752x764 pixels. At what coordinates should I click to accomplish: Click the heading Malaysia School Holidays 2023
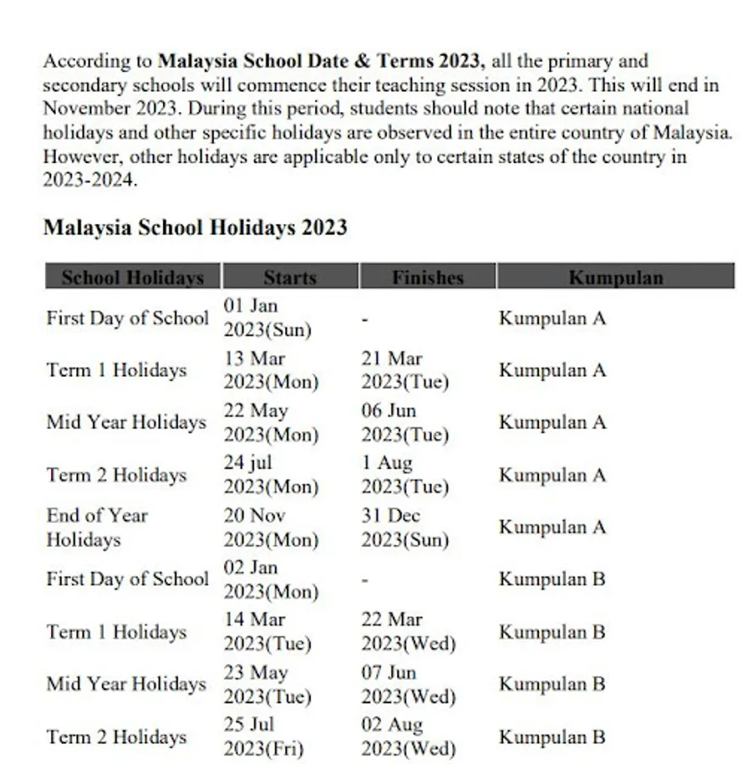pyautogui.click(x=195, y=228)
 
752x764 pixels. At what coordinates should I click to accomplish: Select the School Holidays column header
pyautogui.click(x=132, y=277)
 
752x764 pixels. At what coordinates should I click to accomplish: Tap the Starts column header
pyautogui.click(x=289, y=277)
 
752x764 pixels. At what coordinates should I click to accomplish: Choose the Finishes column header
pyautogui.click(x=428, y=277)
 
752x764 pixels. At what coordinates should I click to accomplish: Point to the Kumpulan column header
pyautogui.click(x=615, y=277)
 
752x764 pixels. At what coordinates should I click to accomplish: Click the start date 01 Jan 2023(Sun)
pyautogui.click(x=267, y=317)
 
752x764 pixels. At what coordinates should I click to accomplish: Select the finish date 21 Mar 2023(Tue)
pyautogui.click(x=405, y=370)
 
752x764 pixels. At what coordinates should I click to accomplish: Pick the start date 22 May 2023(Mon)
pyautogui.click(x=271, y=423)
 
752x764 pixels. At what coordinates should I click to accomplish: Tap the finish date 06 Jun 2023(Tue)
pyautogui.click(x=405, y=423)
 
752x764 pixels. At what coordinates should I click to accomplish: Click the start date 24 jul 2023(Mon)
pyautogui.click(x=271, y=475)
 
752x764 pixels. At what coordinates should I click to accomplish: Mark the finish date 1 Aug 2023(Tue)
pyautogui.click(x=405, y=475)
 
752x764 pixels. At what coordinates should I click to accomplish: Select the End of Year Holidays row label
pyautogui.click(x=97, y=527)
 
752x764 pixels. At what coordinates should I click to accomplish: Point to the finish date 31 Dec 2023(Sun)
pyautogui.click(x=405, y=527)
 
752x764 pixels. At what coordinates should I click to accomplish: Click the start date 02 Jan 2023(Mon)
pyautogui.click(x=271, y=580)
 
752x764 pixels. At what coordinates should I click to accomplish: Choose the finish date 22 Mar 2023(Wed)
pyautogui.click(x=408, y=632)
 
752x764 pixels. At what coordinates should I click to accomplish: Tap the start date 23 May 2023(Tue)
pyautogui.click(x=267, y=684)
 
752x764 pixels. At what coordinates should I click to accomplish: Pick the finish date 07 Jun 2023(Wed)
pyautogui.click(x=408, y=684)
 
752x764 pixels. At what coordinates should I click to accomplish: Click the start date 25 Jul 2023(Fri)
pyautogui.click(x=263, y=737)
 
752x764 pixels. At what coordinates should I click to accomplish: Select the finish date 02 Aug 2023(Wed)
pyautogui.click(x=408, y=737)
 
